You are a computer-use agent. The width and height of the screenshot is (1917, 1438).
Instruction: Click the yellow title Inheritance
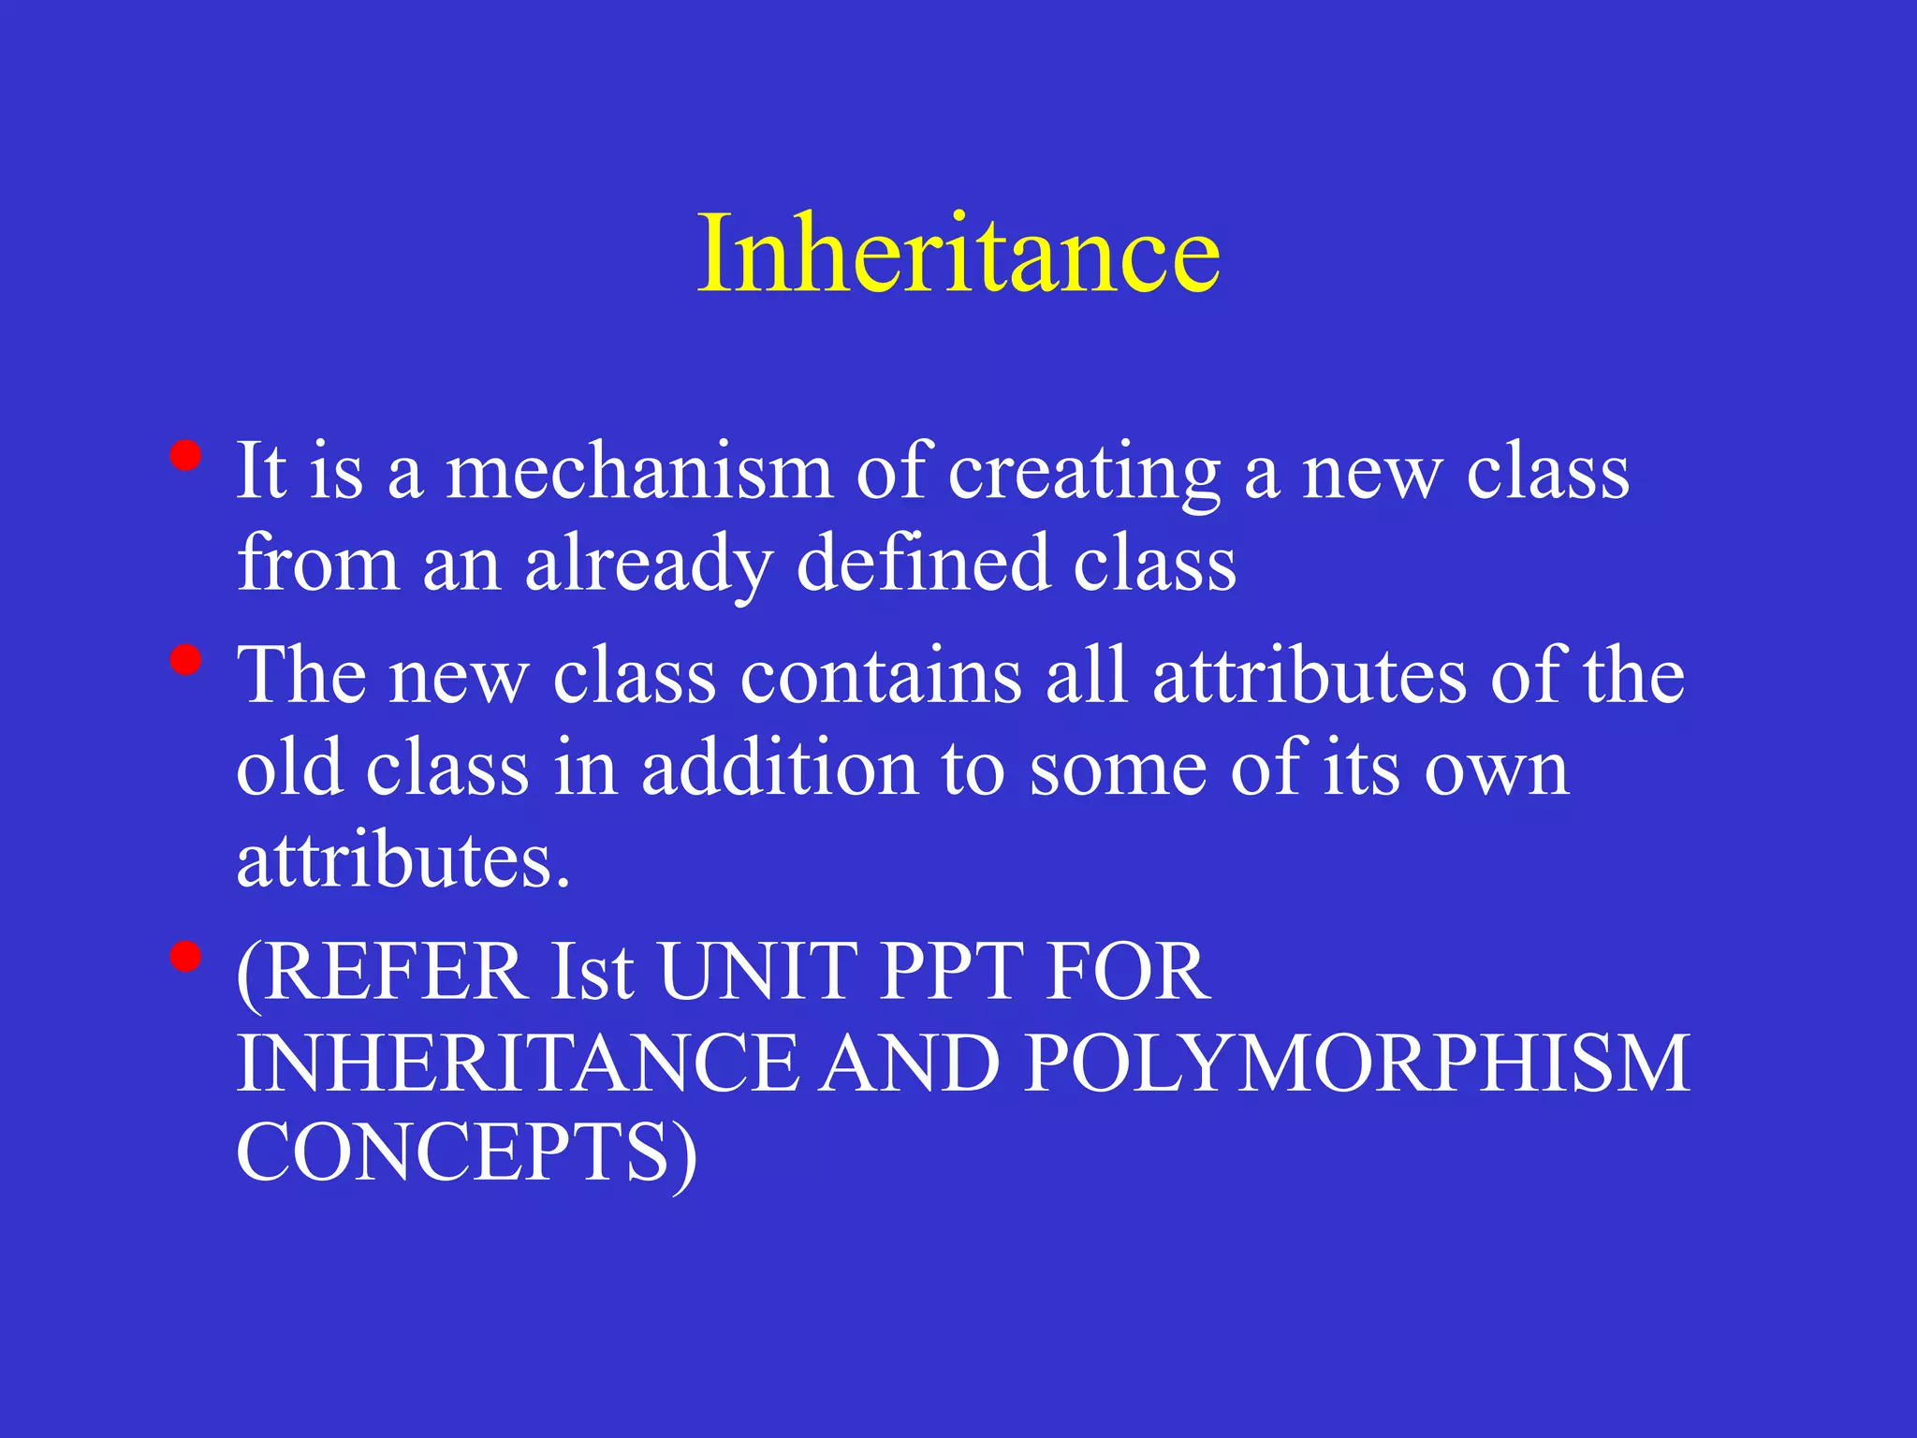958,254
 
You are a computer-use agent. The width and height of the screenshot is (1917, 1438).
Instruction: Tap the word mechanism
638,472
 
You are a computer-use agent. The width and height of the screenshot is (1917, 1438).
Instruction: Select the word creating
1084,474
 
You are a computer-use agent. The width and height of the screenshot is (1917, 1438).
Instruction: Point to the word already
648,565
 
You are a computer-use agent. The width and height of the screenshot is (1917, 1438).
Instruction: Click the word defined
922,564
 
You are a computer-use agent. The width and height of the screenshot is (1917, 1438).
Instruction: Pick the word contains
880,676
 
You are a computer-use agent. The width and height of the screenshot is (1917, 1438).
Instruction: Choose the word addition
780,769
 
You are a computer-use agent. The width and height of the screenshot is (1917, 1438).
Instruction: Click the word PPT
952,973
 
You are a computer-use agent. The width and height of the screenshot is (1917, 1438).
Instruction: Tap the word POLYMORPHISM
1356,1064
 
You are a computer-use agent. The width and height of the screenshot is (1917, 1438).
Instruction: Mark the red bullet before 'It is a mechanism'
186,456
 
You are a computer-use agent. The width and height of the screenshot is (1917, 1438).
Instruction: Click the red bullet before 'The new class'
186,660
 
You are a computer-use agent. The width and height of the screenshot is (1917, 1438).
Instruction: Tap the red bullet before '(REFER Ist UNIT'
186,957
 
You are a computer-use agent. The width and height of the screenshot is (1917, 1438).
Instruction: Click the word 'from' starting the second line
317,564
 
